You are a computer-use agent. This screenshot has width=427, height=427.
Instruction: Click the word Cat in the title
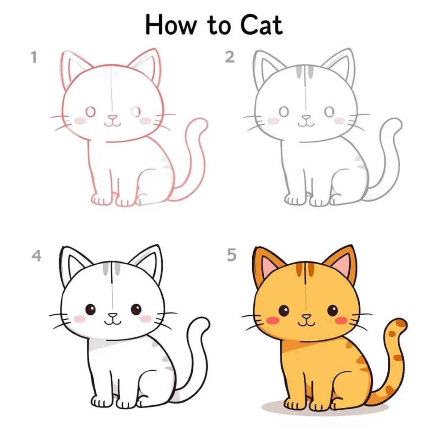[x=261, y=25]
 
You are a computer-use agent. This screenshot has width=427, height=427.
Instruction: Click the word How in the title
[x=171, y=25]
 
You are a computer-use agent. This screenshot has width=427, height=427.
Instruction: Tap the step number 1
[x=34, y=58]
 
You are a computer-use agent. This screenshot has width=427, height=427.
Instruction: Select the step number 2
[x=230, y=57]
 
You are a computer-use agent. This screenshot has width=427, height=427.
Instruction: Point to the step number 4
[x=37, y=256]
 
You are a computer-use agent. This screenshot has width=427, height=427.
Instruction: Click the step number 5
[x=231, y=255]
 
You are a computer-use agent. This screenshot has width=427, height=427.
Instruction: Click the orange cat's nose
[x=306, y=317]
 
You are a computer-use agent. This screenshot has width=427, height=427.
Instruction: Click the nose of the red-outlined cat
[x=113, y=118]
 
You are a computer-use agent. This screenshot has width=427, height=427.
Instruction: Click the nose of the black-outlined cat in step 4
[x=113, y=316]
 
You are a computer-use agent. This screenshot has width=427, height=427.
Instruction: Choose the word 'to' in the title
[x=219, y=26]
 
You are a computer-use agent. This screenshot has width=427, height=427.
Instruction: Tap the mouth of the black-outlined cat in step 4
[x=113, y=322]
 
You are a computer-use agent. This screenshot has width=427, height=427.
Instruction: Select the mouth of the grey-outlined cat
[x=306, y=124]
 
